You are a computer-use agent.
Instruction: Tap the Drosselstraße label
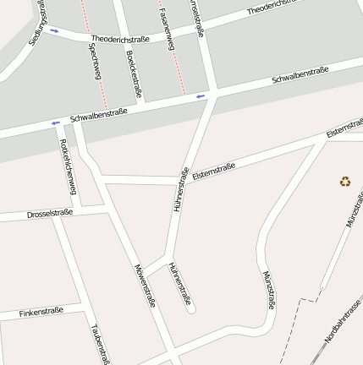(x=49, y=214)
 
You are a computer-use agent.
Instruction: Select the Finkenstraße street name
(x=41, y=312)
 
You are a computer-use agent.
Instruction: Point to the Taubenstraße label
(x=100, y=343)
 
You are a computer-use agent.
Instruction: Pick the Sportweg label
(x=94, y=62)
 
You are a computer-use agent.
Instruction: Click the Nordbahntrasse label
(x=343, y=322)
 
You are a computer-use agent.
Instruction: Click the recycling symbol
(x=345, y=181)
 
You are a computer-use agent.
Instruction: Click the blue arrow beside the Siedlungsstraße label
(x=55, y=31)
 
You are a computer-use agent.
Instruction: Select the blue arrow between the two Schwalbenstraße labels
(x=201, y=96)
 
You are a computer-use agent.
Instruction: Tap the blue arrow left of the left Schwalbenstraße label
(x=56, y=123)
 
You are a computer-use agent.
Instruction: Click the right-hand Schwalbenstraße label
(x=300, y=77)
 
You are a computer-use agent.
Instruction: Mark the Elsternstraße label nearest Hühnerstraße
(x=213, y=172)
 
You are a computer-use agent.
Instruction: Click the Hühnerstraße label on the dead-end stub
(x=179, y=283)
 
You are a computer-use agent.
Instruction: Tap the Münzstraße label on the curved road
(x=269, y=290)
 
